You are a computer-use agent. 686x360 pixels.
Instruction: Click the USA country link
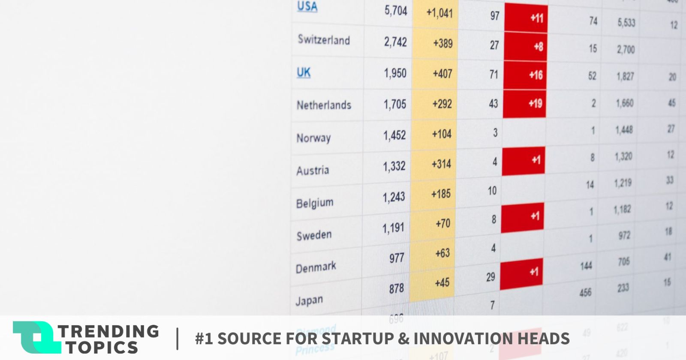(307, 7)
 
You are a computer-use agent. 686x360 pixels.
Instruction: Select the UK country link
(304, 72)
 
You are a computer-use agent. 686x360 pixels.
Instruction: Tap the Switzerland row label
(324, 40)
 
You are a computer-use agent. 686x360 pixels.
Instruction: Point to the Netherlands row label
(324, 105)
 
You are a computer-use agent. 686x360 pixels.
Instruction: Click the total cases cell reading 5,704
(395, 10)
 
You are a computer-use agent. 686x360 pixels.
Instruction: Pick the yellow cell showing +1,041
(439, 13)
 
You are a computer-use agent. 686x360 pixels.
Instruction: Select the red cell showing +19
(525, 103)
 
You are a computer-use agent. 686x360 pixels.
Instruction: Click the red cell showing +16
(526, 75)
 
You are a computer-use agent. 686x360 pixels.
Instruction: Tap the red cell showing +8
(526, 46)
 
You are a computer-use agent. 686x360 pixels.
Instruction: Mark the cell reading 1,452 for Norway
(394, 135)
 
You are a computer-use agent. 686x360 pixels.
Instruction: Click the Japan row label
(309, 300)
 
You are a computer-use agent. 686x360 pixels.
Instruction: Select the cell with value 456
(585, 293)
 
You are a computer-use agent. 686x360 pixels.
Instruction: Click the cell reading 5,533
(626, 22)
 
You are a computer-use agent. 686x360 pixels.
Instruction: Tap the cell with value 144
(586, 266)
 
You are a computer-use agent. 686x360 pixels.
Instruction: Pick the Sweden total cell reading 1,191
(393, 228)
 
